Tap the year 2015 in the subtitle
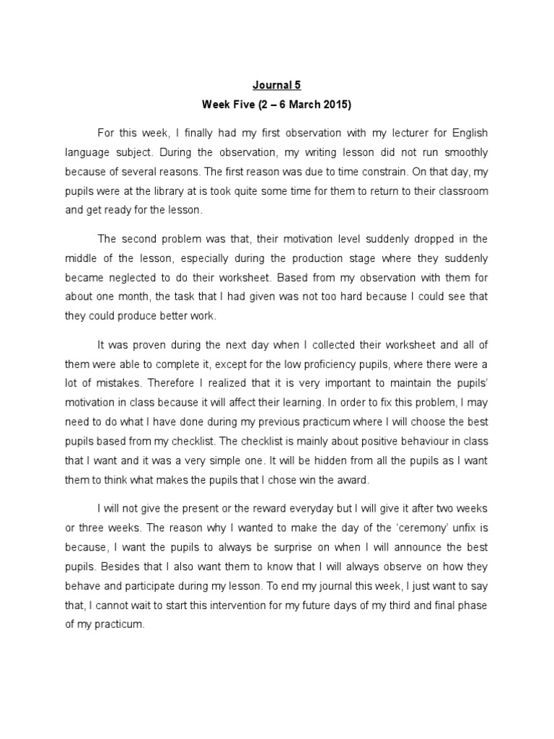coord(336,105)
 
